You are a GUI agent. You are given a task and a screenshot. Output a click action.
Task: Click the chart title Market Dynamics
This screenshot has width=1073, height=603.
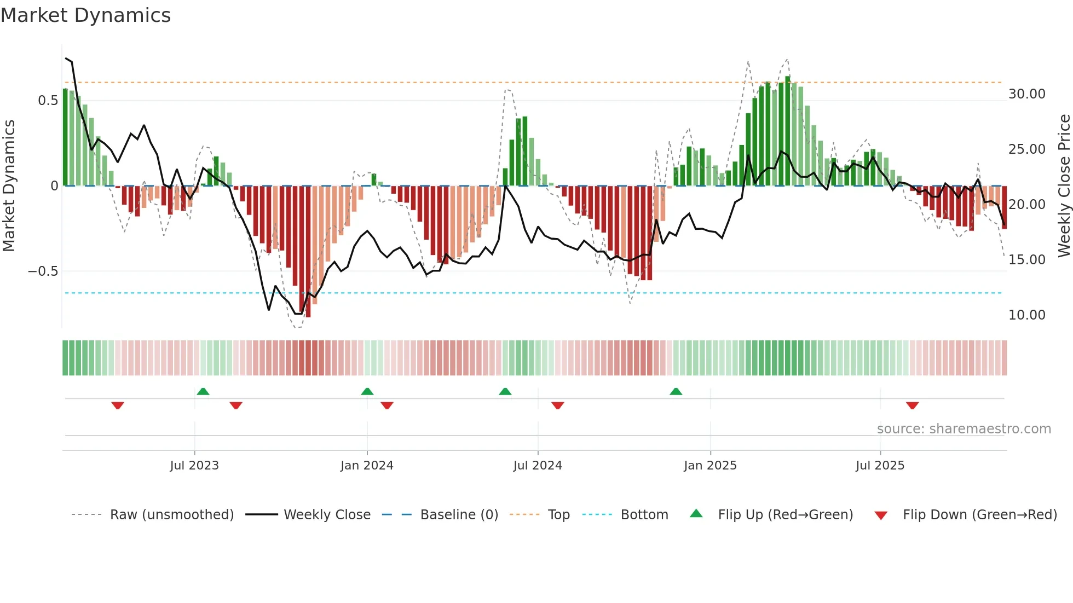coord(85,15)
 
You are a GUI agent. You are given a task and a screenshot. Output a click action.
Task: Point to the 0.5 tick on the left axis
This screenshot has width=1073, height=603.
coord(48,101)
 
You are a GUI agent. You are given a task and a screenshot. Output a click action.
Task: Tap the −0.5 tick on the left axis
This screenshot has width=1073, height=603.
coord(43,271)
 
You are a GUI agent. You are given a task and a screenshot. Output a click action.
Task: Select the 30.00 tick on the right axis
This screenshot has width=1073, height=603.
coord(1026,94)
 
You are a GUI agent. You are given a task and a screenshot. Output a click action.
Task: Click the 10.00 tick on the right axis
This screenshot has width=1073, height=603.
coord(1026,315)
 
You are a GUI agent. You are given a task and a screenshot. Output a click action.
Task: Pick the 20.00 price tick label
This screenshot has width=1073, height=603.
coord(1026,205)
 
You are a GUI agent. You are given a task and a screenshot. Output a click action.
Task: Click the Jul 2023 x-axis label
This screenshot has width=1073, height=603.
coord(194,466)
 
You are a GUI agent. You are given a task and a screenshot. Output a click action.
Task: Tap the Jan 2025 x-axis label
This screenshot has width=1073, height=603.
coord(710,466)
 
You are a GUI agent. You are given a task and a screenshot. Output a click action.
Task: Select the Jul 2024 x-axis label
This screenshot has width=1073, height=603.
coord(538,466)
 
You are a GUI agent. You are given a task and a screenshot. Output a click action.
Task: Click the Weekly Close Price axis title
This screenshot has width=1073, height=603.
coord(1064,185)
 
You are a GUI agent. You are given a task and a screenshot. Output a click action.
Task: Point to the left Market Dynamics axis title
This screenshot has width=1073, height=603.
coord(9,185)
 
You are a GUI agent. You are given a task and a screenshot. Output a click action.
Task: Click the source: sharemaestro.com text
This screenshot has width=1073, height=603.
coord(964,429)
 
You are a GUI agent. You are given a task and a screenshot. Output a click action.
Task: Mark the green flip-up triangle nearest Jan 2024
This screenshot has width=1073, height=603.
coord(367,392)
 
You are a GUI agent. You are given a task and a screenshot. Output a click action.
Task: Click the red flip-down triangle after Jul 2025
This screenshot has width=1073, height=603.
coord(912,405)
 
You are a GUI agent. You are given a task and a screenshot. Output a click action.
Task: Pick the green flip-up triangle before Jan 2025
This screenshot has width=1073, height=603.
coord(676,392)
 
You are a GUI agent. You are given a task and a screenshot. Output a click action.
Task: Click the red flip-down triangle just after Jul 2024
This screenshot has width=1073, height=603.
coord(558,405)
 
